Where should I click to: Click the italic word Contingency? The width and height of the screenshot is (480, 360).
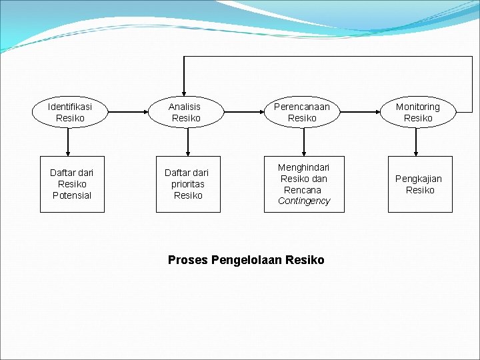point(304,201)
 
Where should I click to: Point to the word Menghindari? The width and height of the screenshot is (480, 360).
point(303,167)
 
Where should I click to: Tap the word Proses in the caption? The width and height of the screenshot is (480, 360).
point(188,259)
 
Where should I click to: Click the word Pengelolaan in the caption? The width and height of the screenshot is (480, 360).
point(247,260)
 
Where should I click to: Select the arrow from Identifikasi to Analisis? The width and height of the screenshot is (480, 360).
point(128,112)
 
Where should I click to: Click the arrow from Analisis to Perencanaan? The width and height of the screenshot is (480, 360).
point(244,112)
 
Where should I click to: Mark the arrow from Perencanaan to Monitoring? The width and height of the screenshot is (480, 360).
point(360,112)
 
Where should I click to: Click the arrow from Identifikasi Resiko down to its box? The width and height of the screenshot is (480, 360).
point(68,142)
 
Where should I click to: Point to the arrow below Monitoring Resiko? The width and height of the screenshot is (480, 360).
point(416,142)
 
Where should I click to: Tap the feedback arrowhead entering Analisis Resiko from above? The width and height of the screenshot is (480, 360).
point(184,94)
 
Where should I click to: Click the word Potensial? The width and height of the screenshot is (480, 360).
point(72,195)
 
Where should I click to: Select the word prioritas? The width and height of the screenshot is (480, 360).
point(188,184)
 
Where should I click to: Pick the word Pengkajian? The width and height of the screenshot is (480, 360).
point(419,179)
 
